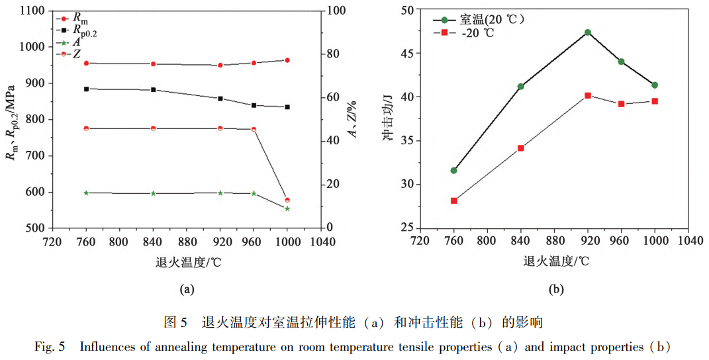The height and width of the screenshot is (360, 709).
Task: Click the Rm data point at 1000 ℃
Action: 287,60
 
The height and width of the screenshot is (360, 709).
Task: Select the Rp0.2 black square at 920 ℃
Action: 220,99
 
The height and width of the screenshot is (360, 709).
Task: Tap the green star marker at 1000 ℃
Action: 287,208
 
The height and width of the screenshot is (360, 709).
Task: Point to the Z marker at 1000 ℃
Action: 287,200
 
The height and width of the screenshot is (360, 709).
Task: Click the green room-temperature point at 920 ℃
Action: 588,32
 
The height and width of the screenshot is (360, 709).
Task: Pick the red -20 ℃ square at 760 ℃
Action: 454,201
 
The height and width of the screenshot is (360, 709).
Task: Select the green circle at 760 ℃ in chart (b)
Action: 454,170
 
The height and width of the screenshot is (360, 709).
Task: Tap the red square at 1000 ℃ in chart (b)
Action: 655,101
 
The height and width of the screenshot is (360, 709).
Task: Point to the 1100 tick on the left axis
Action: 32,11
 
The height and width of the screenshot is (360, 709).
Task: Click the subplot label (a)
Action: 186,289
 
